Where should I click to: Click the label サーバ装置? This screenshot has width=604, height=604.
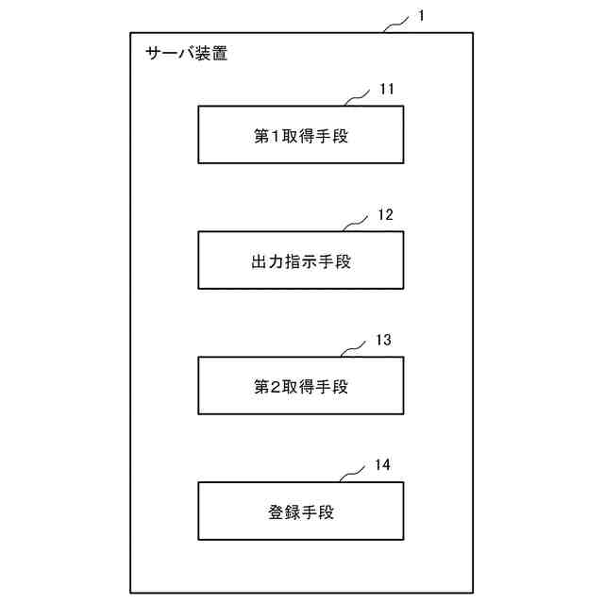click(x=187, y=54)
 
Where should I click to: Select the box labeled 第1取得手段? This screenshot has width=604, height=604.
click(x=301, y=135)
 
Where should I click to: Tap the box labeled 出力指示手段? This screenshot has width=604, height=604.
click(x=301, y=260)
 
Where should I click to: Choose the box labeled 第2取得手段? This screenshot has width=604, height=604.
click(x=301, y=385)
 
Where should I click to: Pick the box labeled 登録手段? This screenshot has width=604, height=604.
click(x=301, y=511)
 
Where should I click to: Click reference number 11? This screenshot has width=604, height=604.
click(x=387, y=90)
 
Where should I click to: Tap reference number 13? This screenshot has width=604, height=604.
click(x=382, y=340)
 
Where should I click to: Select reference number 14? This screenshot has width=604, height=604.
click(x=382, y=464)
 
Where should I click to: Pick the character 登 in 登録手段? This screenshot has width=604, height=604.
click(x=276, y=512)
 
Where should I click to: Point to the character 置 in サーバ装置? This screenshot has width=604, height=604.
click(x=219, y=54)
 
